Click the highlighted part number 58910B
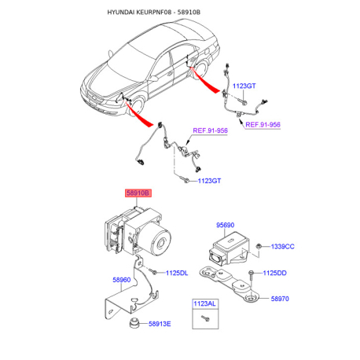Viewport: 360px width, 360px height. coord(138,193)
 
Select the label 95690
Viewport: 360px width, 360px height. coord(225,225)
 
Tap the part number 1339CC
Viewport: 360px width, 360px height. coord(282,247)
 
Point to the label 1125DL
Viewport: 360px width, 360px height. coord(177,273)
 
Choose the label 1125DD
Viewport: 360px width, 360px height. coord(274,273)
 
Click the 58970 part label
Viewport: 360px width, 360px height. coord(280,299)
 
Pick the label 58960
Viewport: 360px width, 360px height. coord(122,280)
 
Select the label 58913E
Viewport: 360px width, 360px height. coord(160,324)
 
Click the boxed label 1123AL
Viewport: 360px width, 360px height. coord(204,303)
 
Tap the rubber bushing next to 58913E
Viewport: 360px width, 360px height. coord(134,323)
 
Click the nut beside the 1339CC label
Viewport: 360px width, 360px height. coord(259,246)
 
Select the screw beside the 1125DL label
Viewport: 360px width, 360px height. coord(152,272)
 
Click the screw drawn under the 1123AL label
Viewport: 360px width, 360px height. coord(206,318)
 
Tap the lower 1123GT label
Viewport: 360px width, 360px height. coord(209,181)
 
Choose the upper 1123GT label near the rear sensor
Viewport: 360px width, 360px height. coord(244,86)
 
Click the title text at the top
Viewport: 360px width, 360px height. coord(154,13)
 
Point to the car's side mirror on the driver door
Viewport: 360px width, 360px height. coord(152,78)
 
